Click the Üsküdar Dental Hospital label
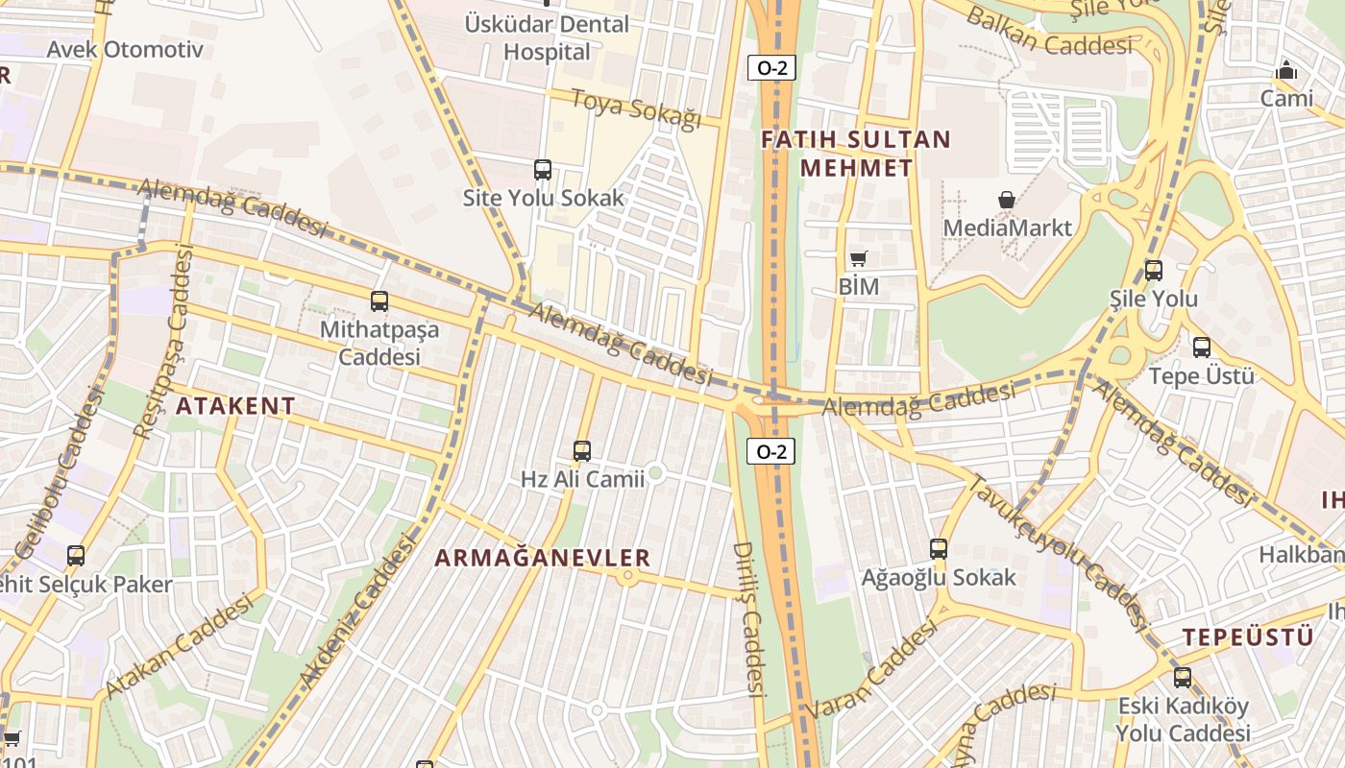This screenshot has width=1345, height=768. click(547, 37)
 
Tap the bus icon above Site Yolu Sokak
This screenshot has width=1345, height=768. click(543, 170)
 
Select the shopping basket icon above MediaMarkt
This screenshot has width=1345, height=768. click(1007, 200)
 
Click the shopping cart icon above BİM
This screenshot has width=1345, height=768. click(858, 258)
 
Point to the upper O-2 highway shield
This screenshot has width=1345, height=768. click(771, 68)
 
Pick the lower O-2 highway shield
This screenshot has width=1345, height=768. click(771, 451)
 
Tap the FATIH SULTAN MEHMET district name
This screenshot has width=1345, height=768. click(855, 154)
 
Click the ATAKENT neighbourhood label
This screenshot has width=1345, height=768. click(235, 405)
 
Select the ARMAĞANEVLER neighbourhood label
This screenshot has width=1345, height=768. click(543, 558)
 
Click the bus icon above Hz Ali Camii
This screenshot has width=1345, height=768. click(581, 450)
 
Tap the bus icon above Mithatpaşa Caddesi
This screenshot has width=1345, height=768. click(379, 301)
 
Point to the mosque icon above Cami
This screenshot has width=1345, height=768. click(1286, 70)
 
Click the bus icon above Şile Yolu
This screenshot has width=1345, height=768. click(1153, 271)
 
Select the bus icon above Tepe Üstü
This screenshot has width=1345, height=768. click(1201, 348)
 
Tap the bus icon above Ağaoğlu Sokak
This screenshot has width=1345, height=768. click(939, 549)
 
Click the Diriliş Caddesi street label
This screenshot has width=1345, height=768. click(747, 618)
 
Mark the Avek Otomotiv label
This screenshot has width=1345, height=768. click(125, 49)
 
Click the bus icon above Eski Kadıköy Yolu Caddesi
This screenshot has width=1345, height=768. click(1182, 677)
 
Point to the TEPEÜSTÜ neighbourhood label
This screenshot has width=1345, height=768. click(1247, 636)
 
